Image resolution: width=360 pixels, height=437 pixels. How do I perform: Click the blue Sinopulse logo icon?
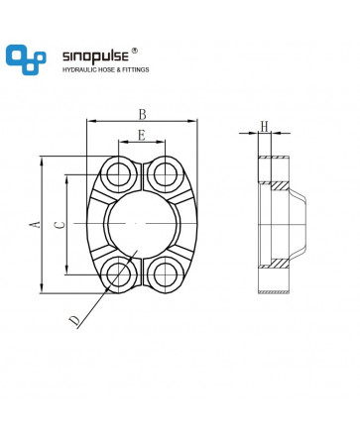(26, 59)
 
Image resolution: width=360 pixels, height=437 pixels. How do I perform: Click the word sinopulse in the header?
(95, 56)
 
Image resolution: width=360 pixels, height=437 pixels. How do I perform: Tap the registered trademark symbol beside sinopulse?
(134, 51)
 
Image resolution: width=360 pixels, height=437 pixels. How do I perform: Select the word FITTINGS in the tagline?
(136, 70)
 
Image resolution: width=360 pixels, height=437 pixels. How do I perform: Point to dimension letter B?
(143, 114)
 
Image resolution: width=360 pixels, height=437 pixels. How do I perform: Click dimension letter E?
(142, 135)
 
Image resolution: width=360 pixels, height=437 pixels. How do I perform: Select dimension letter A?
(35, 225)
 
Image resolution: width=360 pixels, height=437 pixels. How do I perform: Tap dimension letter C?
(60, 225)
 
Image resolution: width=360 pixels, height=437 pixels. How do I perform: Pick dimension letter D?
(74, 321)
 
